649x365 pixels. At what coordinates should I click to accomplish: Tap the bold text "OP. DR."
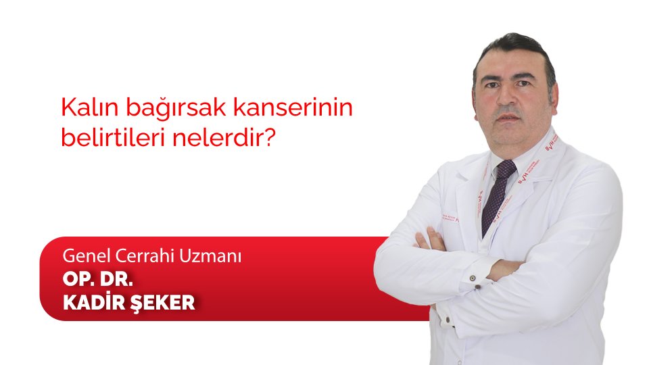pos(98,279)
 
